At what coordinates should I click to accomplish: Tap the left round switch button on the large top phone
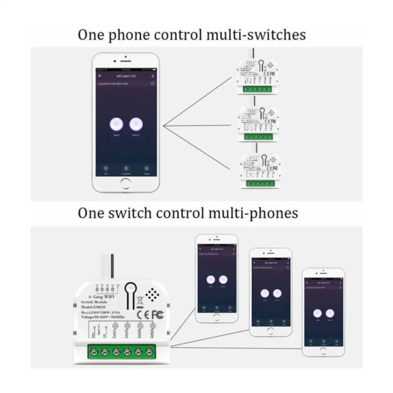pyautogui.click(x=116, y=124)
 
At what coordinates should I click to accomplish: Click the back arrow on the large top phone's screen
pyautogui.click(x=100, y=75)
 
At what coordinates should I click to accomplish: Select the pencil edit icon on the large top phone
pyautogui.click(x=153, y=75)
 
